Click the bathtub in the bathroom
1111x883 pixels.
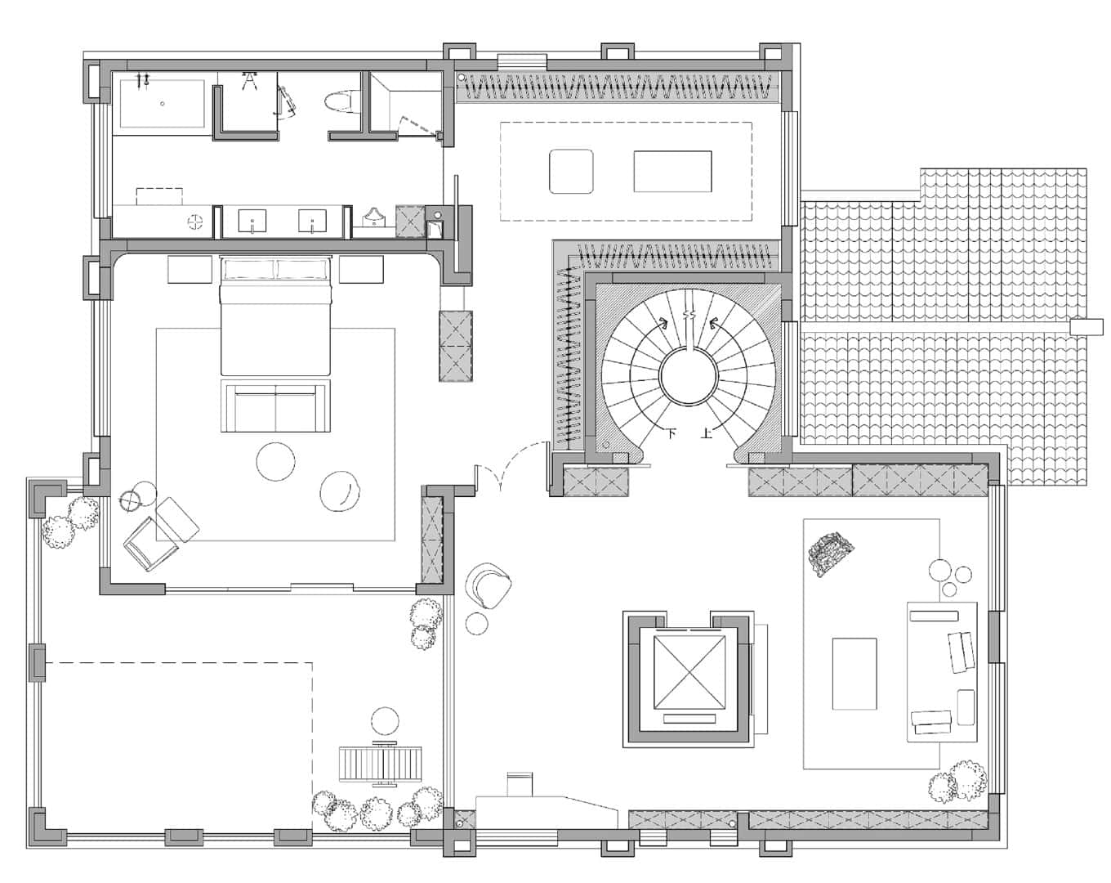click(162, 103)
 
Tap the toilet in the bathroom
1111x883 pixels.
click(341, 102)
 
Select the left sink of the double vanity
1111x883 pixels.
click(252, 221)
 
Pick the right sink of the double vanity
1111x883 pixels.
click(312, 221)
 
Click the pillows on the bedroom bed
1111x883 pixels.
click(274, 269)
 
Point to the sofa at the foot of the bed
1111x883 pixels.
click(275, 406)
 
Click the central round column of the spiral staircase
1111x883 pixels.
click(689, 376)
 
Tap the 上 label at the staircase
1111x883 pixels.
click(707, 433)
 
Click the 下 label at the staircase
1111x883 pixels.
click(672, 433)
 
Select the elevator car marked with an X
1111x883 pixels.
click(688, 672)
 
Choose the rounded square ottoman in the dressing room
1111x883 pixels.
click(571, 172)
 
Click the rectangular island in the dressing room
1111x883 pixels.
click(672, 172)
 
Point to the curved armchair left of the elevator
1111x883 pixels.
click(488, 585)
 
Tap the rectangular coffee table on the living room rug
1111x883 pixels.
click(854, 674)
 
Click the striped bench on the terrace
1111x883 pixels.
click(381, 764)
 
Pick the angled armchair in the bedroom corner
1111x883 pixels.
click(151, 544)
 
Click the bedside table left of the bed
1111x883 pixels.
click(190, 269)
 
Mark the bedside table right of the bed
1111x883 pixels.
click(361, 269)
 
